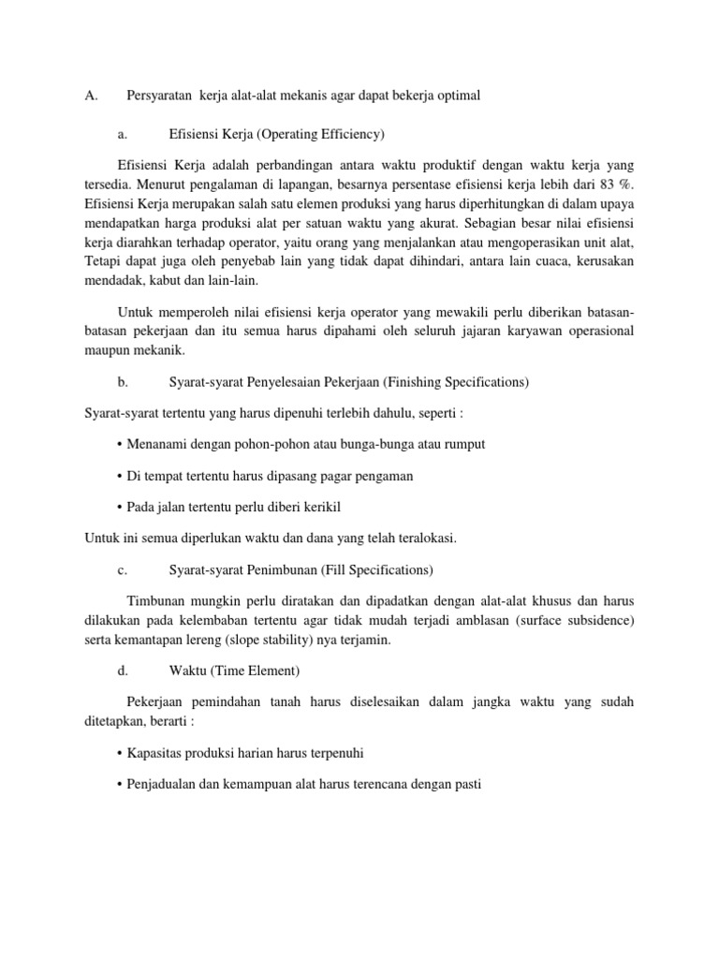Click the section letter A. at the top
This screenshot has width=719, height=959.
click(x=92, y=96)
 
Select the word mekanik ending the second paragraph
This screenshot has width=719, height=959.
click(x=158, y=350)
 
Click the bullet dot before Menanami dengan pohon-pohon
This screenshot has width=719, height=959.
click(x=120, y=444)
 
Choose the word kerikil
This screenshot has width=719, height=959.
click(x=319, y=507)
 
